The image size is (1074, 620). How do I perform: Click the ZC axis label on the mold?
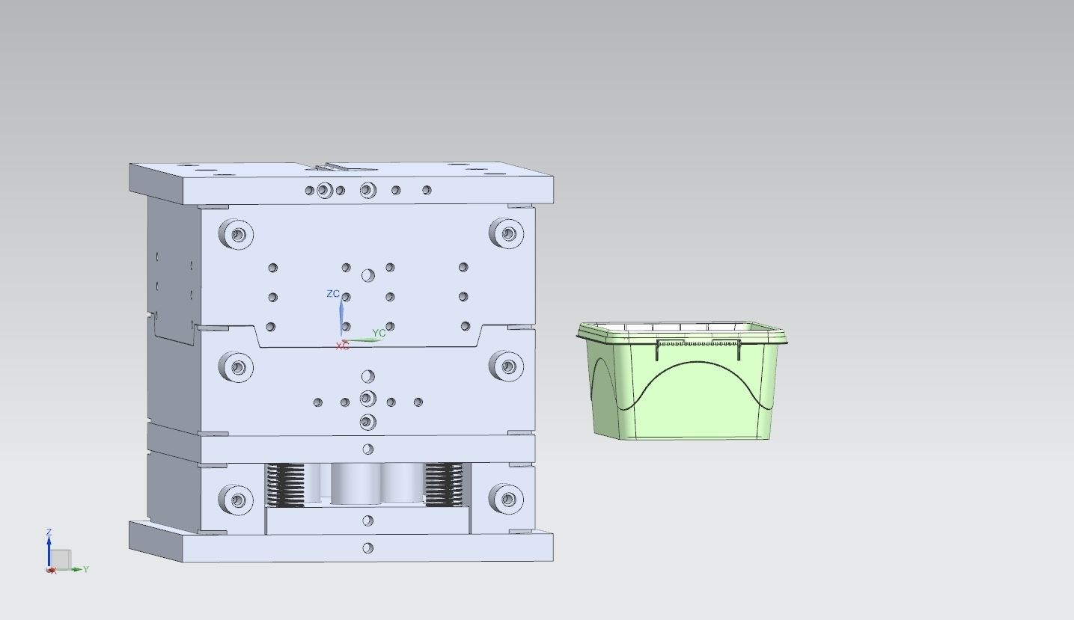(333, 294)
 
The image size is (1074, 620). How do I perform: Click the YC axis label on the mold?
(379, 334)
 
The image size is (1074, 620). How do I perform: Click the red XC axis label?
(342, 346)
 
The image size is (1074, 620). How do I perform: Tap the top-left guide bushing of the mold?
(237, 234)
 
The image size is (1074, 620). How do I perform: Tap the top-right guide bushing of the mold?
(508, 233)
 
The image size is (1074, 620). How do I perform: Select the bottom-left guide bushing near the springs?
(237, 500)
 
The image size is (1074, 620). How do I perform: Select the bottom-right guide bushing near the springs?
(507, 498)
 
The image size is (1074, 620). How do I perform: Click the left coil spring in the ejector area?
(286, 483)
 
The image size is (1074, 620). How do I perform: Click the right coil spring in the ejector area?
(444, 483)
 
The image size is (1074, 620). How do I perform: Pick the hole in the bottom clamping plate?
(367, 548)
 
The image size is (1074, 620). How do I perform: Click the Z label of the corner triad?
(49, 532)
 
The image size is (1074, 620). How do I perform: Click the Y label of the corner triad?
(86, 569)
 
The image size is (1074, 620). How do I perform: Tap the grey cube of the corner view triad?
(61, 559)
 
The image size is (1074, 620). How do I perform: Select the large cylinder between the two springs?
(356, 482)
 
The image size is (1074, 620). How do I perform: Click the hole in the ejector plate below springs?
(367, 521)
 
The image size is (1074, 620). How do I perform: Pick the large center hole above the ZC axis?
(367, 276)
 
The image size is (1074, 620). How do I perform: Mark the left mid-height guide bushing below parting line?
(237, 367)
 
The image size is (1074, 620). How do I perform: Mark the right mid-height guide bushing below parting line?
(508, 366)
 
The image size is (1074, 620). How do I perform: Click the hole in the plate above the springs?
(367, 449)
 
